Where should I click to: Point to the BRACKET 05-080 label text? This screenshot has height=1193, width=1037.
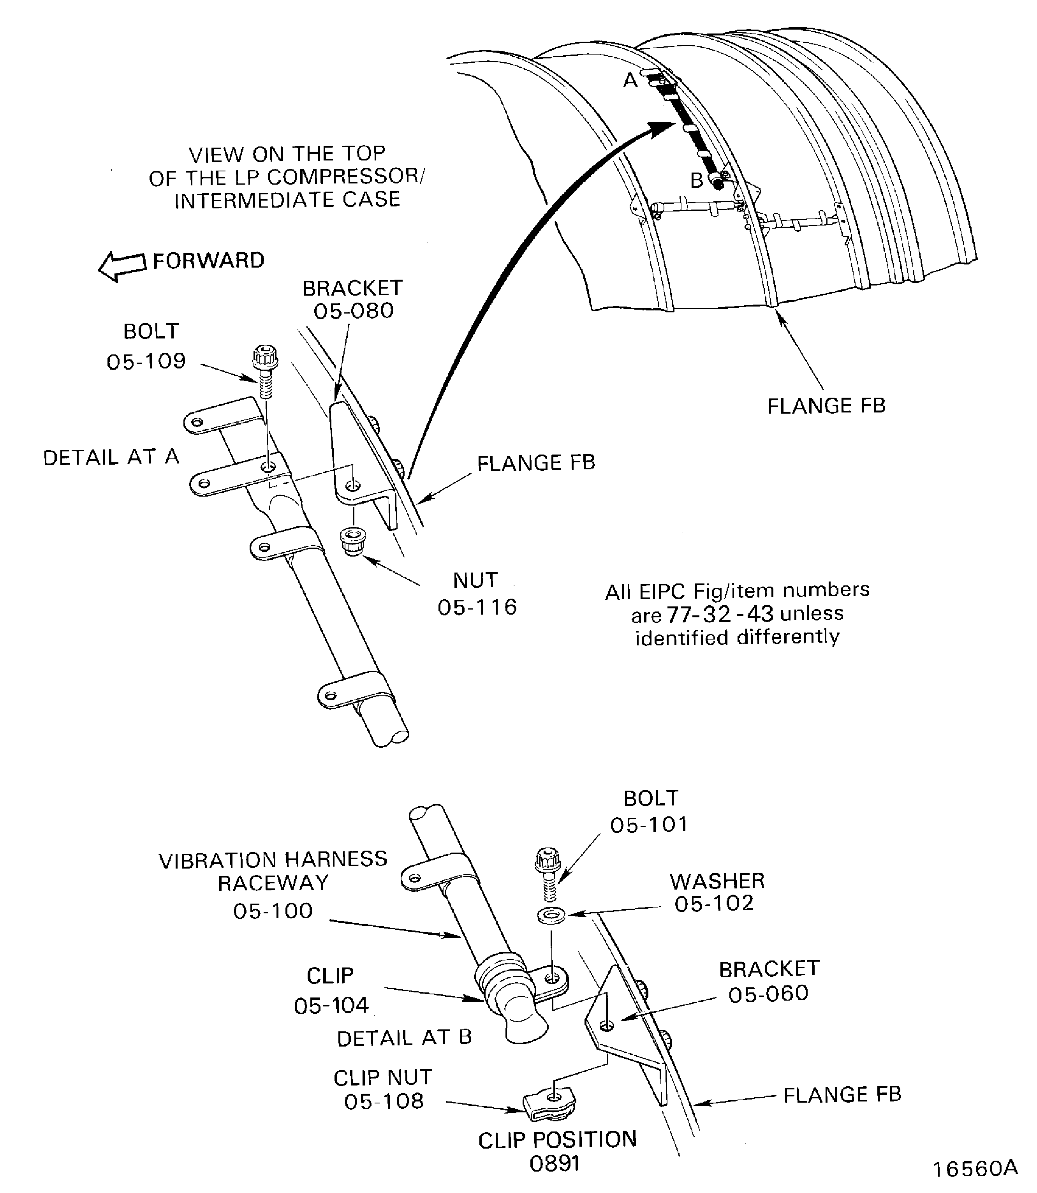pyautogui.click(x=353, y=299)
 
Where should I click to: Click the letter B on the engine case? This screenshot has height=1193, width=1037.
pyautogui.click(x=696, y=181)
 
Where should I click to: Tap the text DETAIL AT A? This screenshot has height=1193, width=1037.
pyautogui.click(x=111, y=457)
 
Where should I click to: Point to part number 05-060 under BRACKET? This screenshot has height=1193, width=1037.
pyautogui.click(x=768, y=994)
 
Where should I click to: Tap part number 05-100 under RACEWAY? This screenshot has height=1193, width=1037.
pyautogui.click(x=273, y=911)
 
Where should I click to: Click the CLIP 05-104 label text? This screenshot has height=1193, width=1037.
pyautogui.click(x=331, y=990)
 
